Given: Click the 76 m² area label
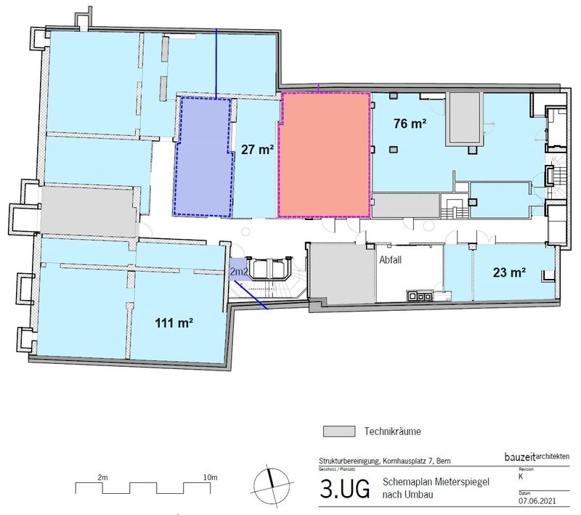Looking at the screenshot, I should pyautogui.click(x=410, y=123).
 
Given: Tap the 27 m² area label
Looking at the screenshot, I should pyautogui.click(x=256, y=150).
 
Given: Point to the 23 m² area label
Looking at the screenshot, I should pyautogui.click(x=509, y=274).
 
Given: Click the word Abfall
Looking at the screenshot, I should pyautogui.click(x=390, y=258).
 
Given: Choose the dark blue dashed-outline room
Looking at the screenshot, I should pyautogui.click(x=203, y=156).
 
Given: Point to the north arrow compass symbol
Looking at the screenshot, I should pyautogui.click(x=270, y=482).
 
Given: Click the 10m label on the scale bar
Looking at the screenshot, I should pyautogui.click(x=210, y=477).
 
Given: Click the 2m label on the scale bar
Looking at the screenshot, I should pyautogui.click(x=102, y=477).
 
